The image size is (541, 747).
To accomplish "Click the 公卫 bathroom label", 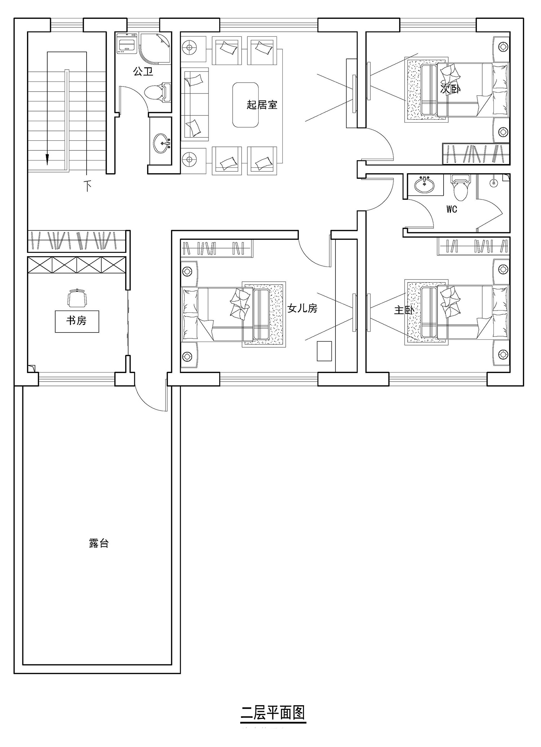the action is point(143,71).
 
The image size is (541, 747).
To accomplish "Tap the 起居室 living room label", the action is point(262,105).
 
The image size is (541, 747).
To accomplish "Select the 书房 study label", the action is point(76,320).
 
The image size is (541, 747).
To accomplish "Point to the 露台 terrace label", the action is point(99,543).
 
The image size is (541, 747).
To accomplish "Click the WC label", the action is point(452,209).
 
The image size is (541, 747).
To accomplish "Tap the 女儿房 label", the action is point(302,308).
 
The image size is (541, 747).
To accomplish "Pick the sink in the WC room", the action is point(425,185).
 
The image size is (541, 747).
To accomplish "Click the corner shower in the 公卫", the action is point(156,48).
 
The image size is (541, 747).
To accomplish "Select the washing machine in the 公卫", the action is point(127,44).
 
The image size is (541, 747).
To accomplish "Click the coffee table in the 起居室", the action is point(246,105).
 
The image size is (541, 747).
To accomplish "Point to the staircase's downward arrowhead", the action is point(47,159).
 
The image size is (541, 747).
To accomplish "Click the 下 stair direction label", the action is point(87,186).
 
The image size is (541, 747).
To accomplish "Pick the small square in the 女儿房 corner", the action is point(324,351).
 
